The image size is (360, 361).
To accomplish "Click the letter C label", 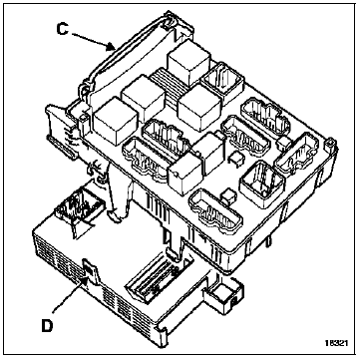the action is coord(63,29).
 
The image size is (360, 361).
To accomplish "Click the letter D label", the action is coord(47,326).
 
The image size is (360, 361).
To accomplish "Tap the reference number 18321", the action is coord(337,343).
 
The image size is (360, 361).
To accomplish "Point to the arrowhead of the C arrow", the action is coord(112,48).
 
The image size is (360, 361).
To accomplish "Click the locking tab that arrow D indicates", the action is coord(88,268).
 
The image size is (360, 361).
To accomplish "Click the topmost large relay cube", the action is coord(188,63).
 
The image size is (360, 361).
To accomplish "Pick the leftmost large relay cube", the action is coord(115,121).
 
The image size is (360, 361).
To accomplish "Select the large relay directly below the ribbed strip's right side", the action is coord(198,107).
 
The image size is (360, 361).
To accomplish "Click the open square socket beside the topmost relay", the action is coord(222,83).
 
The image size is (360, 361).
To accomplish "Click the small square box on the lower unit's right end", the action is coord(223,294).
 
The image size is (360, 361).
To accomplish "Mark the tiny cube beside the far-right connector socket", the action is coord(284,144).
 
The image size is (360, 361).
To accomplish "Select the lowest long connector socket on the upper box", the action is coord(215,211).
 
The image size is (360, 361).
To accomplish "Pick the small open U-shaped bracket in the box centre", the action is coord(235,158).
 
